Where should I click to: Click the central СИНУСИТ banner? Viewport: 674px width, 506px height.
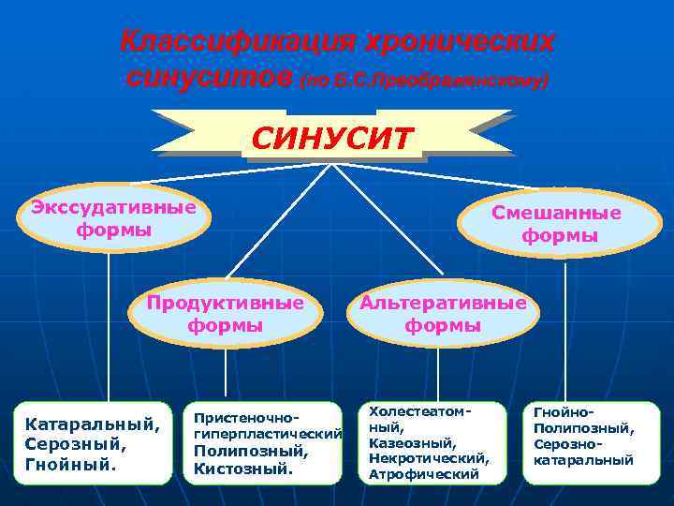coord(331,139)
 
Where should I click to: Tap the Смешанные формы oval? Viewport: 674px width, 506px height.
coord(560,224)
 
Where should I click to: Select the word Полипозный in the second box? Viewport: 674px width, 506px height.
coord(250,452)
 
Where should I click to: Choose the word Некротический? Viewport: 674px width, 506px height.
coord(429,458)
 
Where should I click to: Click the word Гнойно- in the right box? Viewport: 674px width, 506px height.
coord(564,412)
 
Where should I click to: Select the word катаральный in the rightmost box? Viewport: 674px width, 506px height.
coord(583,460)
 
